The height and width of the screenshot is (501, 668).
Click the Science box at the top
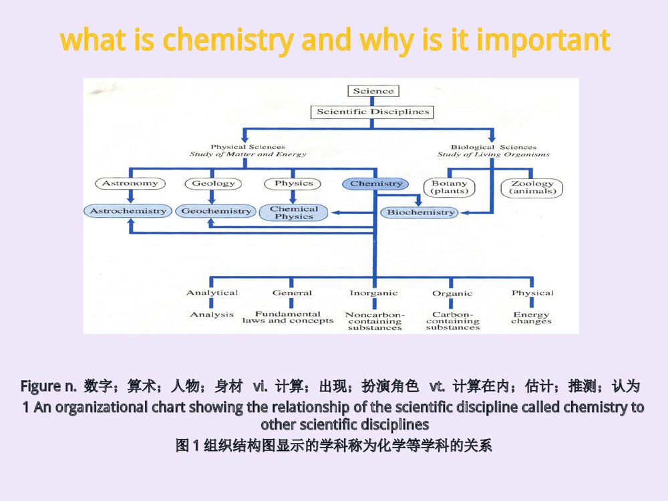point(373,92)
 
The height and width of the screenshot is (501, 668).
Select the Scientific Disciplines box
point(373,112)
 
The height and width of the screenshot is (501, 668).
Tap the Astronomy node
point(130,183)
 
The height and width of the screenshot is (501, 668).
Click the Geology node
point(213,183)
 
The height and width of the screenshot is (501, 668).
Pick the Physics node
point(293,183)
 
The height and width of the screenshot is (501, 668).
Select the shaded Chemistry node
point(376,184)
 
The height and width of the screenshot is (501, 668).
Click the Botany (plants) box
point(450,187)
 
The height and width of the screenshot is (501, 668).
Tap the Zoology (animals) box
point(532,187)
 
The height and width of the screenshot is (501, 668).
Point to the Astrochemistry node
point(128,211)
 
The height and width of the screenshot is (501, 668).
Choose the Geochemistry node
point(216,211)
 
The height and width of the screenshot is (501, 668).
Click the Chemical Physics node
point(294,212)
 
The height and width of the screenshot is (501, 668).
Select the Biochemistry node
point(421,212)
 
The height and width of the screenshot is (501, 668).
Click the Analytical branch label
point(212,293)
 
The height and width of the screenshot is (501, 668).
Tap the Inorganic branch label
point(373,293)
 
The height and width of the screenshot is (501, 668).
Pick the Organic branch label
point(452,293)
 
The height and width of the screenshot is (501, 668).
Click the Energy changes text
point(532,318)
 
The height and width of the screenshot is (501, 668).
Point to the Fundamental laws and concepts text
point(288,317)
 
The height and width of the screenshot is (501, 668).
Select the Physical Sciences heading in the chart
point(248,147)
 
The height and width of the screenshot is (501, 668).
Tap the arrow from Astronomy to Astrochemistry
point(130,196)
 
